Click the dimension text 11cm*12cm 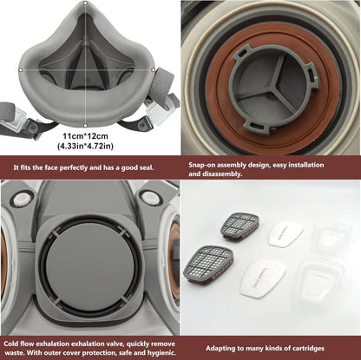[x=85, y=135]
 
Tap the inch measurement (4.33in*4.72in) [x=85, y=146]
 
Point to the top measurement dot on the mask [x=85, y=3]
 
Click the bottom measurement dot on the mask [x=85, y=125]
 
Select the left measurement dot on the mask [x=21, y=69]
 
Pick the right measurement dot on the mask [x=153, y=69]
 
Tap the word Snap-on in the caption [x=201, y=165]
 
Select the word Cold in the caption [x=10, y=344]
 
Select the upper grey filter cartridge [x=240, y=227]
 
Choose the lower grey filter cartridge [x=208, y=265]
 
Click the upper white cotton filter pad [x=286, y=233]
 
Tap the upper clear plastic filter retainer [x=332, y=235]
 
